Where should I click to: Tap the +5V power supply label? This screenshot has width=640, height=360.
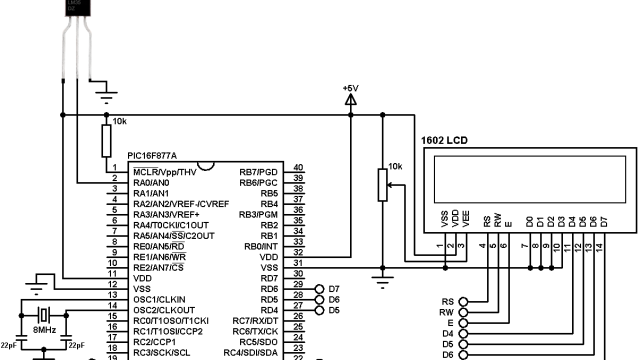point(350,88)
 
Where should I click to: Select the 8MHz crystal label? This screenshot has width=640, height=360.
point(44,328)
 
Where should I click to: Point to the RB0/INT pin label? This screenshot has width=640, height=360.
point(258,246)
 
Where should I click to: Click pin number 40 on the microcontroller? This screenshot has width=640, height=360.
point(298,168)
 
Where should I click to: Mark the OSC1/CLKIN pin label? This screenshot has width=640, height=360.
point(160,299)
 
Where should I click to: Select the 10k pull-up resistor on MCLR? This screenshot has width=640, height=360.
point(106,141)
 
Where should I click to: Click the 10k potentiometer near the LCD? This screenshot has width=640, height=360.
point(381,183)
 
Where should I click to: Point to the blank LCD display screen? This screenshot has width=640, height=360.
point(523,180)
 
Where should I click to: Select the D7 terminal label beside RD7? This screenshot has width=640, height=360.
point(334,288)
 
